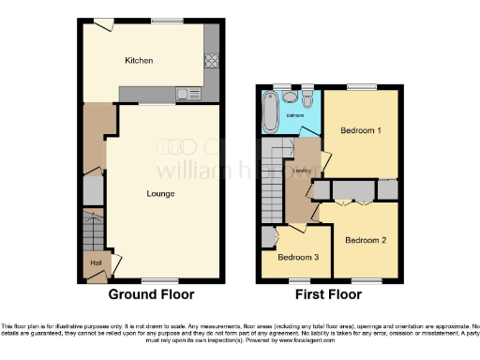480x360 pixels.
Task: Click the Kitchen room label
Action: pos(139,61)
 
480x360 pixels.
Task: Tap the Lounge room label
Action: pos(159,194)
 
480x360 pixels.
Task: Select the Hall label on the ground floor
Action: pos(96,262)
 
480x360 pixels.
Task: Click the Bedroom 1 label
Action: pos(360,130)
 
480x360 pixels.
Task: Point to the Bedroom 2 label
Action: pos(365,240)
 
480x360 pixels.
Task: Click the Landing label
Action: pos(302,172)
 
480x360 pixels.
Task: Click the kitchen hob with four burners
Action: pos(211,64)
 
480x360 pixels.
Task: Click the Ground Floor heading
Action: pos(152,294)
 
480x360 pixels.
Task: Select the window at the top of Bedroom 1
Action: pos(358,86)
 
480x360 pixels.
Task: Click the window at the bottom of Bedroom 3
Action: pos(299,280)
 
